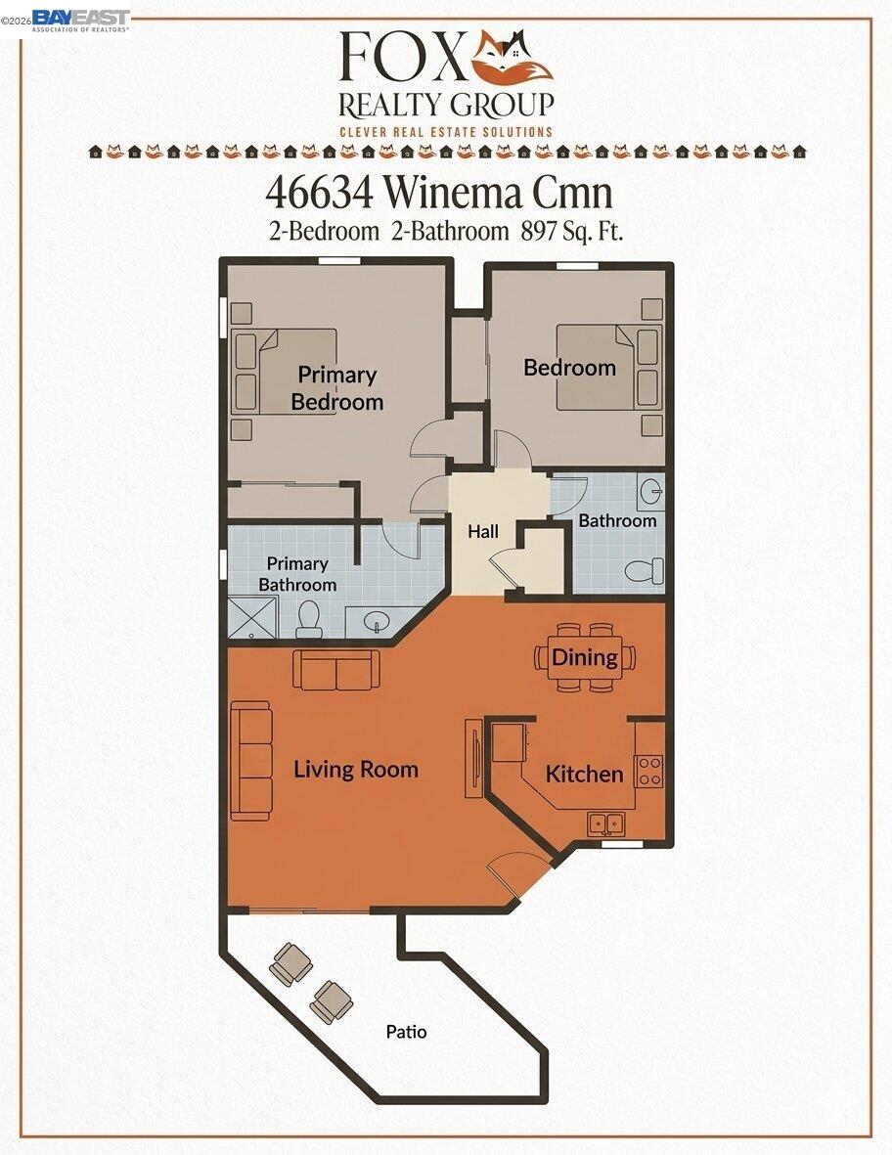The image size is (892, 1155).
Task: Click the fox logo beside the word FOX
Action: click(512, 58)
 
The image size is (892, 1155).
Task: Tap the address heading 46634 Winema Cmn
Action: click(439, 192)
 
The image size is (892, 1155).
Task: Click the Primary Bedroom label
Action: click(336, 387)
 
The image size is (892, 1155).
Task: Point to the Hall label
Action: click(482, 532)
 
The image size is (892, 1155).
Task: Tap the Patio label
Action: click(406, 1032)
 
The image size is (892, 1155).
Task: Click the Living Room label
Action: click(356, 769)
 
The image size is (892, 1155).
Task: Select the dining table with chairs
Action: click(585, 657)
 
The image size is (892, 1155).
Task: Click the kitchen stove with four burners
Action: click(648, 771)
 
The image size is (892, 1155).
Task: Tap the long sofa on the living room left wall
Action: click(250, 761)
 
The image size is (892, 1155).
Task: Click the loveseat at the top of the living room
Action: click(336, 670)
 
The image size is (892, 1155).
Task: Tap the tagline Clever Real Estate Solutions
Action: click(445, 131)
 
